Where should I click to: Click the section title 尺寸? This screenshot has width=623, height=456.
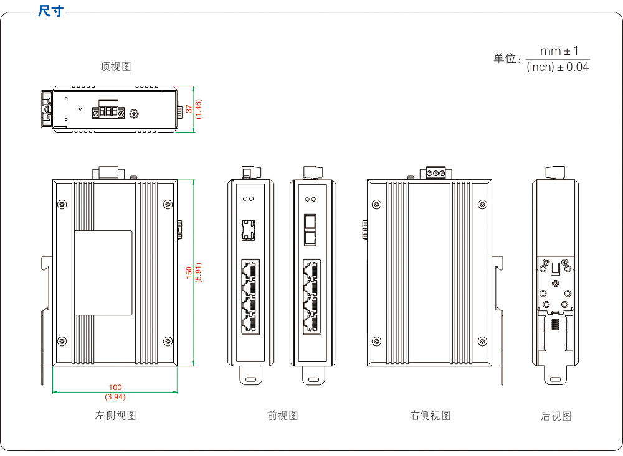pyautogui.click(x=50, y=11)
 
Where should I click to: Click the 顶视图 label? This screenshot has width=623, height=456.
pyautogui.click(x=116, y=67)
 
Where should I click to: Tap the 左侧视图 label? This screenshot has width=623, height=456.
pyautogui.click(x=116, y=416)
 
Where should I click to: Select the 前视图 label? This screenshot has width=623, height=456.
pyautogui.click(x=283, y=416)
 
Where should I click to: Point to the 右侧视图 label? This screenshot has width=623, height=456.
pyautogui.click(x=430, y=416)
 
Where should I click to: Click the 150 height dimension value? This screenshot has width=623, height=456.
pyautogui.click(x=189, y=272)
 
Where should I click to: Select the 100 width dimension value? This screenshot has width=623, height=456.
pyautogui.click(x=115, y=388)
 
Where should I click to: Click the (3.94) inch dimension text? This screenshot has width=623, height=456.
pyautogui.click(x=115, y=396)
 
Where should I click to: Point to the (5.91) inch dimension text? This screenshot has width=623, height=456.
pyautogui.click(x=198, y=272)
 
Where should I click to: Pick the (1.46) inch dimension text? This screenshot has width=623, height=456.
pyautogui.click(x=198, y=109)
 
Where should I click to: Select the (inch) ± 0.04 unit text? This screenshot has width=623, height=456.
pyautogui.click(x=558, y=67)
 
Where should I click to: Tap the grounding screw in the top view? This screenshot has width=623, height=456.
pyautogui.click(x=136, y=113)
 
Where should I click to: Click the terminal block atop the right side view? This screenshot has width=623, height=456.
pyautogui.click(x=437, y=172)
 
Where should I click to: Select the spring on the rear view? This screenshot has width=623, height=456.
pyautogui.click(x=555, y=327)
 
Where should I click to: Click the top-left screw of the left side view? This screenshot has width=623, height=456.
pyautogui.click(x=62, y=204)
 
